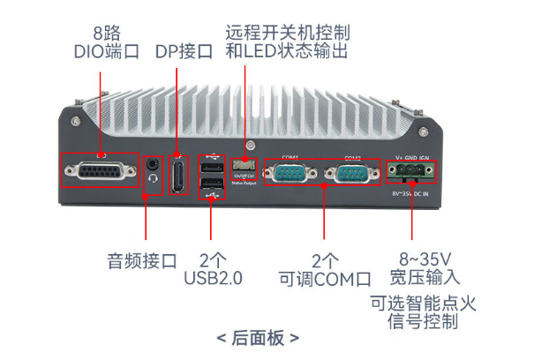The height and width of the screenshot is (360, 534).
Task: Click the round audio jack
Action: tap(154, 165)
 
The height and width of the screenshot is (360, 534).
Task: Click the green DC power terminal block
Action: tap(412, 173)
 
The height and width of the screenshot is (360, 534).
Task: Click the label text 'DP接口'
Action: tap(184, 51)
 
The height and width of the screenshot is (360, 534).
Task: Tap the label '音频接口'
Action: tap(142, 261)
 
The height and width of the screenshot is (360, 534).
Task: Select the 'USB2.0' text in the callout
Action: tap(213, 279)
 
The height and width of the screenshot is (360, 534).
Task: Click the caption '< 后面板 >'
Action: tap(258, 337)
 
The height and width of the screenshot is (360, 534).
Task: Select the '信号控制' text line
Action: tap(424, 321)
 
